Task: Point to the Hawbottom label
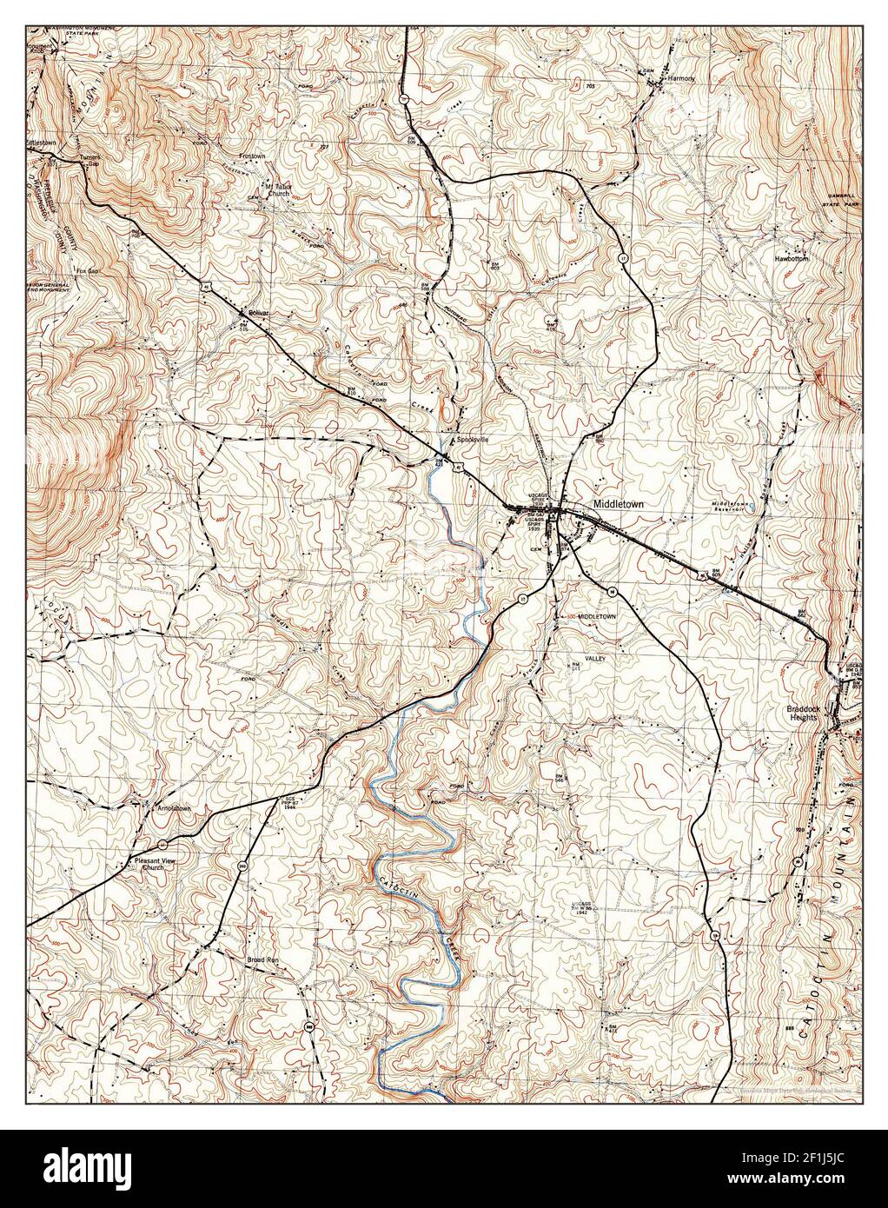click(792, 259)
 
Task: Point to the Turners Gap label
click(92, 161)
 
